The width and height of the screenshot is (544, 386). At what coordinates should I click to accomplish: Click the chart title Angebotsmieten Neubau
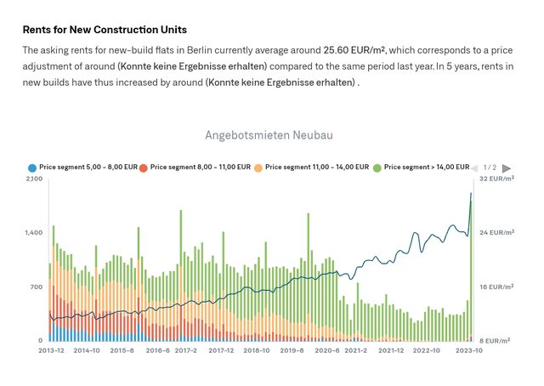point(269,135)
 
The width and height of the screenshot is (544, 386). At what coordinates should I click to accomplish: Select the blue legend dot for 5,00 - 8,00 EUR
point(32,168)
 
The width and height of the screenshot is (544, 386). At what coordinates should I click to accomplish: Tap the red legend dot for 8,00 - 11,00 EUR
point(144,168)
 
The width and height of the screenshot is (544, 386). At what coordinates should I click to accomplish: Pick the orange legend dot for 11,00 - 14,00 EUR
point(258,168)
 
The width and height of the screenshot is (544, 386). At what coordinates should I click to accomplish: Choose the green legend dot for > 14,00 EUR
point(377,168)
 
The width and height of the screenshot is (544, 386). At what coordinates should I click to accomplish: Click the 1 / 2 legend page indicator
point(490,168)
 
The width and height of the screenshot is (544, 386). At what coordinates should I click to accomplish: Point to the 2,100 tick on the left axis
point(34,179)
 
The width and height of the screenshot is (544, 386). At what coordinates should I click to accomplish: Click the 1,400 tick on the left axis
point(34,232)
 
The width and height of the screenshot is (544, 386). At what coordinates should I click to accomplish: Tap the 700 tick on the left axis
point(37,287)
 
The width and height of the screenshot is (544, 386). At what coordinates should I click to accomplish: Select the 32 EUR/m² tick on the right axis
point(496,179)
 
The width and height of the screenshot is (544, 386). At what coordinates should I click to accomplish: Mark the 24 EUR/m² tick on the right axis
point(496,232)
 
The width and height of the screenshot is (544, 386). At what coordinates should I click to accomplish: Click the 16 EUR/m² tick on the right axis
point(496,287)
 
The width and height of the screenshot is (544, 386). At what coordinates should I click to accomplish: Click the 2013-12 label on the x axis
point(51,350)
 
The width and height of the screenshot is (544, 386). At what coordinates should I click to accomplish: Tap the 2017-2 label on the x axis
point(186,350)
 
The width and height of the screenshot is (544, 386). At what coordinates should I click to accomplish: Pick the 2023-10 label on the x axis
point(470,350)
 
